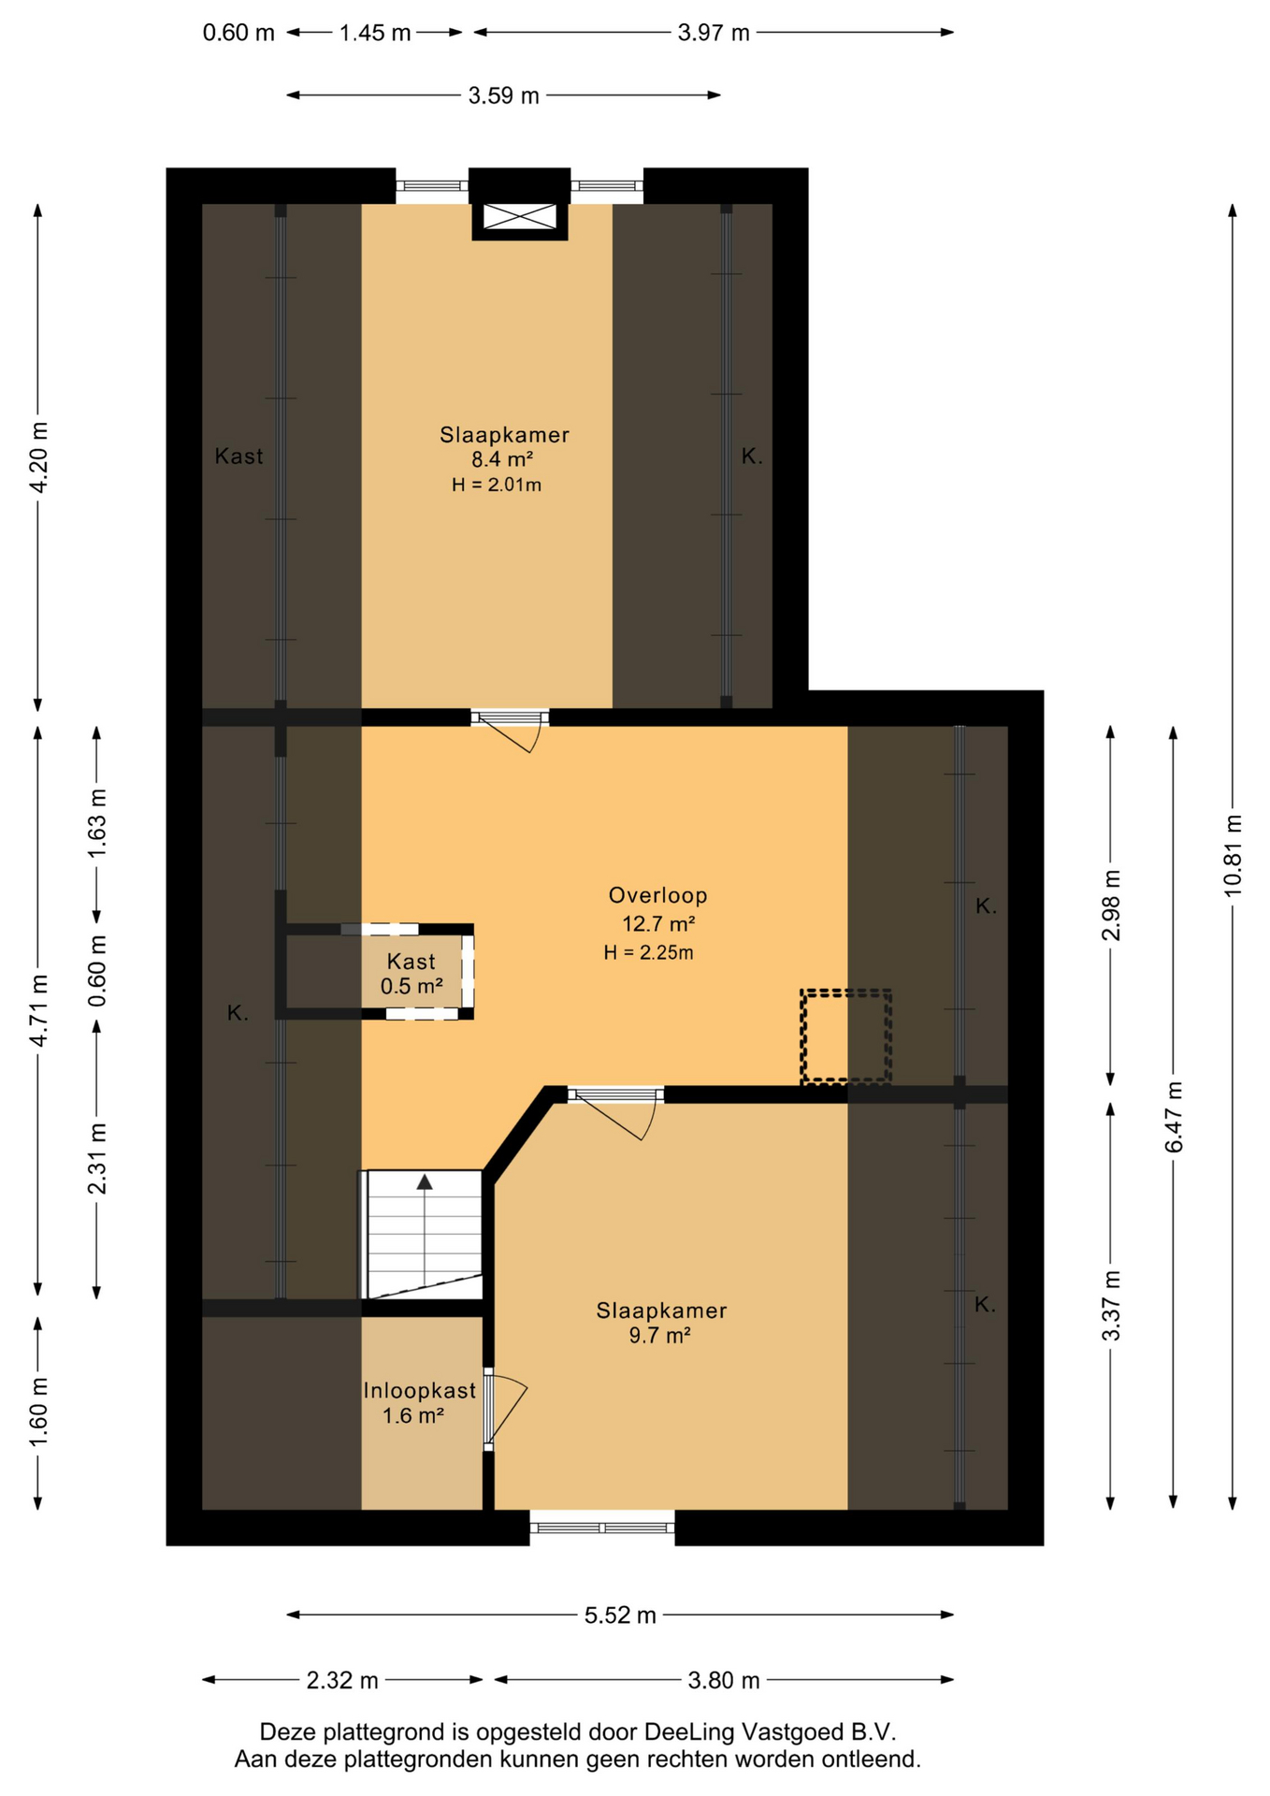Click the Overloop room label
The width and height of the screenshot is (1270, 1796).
[x=657, y=895]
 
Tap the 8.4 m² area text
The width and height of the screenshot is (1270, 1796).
[x=502, y=459]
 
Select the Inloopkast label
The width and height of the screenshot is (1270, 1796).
[x=420, y=1391]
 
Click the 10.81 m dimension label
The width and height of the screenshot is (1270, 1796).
[x=1234, y=855]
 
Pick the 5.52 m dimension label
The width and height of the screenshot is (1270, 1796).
[x=620, y=1615]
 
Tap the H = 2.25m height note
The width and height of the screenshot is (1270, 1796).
[x=648, y=953]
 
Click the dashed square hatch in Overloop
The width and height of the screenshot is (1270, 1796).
[x=845, y=1036]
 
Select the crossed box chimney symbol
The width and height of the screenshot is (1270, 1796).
[x=519, y=217]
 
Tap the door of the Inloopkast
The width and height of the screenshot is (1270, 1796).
[x=502, y=1409]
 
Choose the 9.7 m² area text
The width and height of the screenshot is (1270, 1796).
[x=659, y=1336]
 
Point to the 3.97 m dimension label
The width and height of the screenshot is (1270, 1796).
[x=714, y=33]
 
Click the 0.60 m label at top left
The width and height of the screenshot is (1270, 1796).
[x=238, y=33]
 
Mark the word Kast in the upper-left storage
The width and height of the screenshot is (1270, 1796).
[x=238, y=456]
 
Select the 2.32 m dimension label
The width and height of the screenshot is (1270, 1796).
[x=342, y=1681]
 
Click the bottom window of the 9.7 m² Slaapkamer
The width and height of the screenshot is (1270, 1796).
[x=602, y=1528]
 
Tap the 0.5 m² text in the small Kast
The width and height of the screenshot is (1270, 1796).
[x=411, y=986]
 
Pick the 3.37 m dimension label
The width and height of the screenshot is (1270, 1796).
[x=1111, y=1306]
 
